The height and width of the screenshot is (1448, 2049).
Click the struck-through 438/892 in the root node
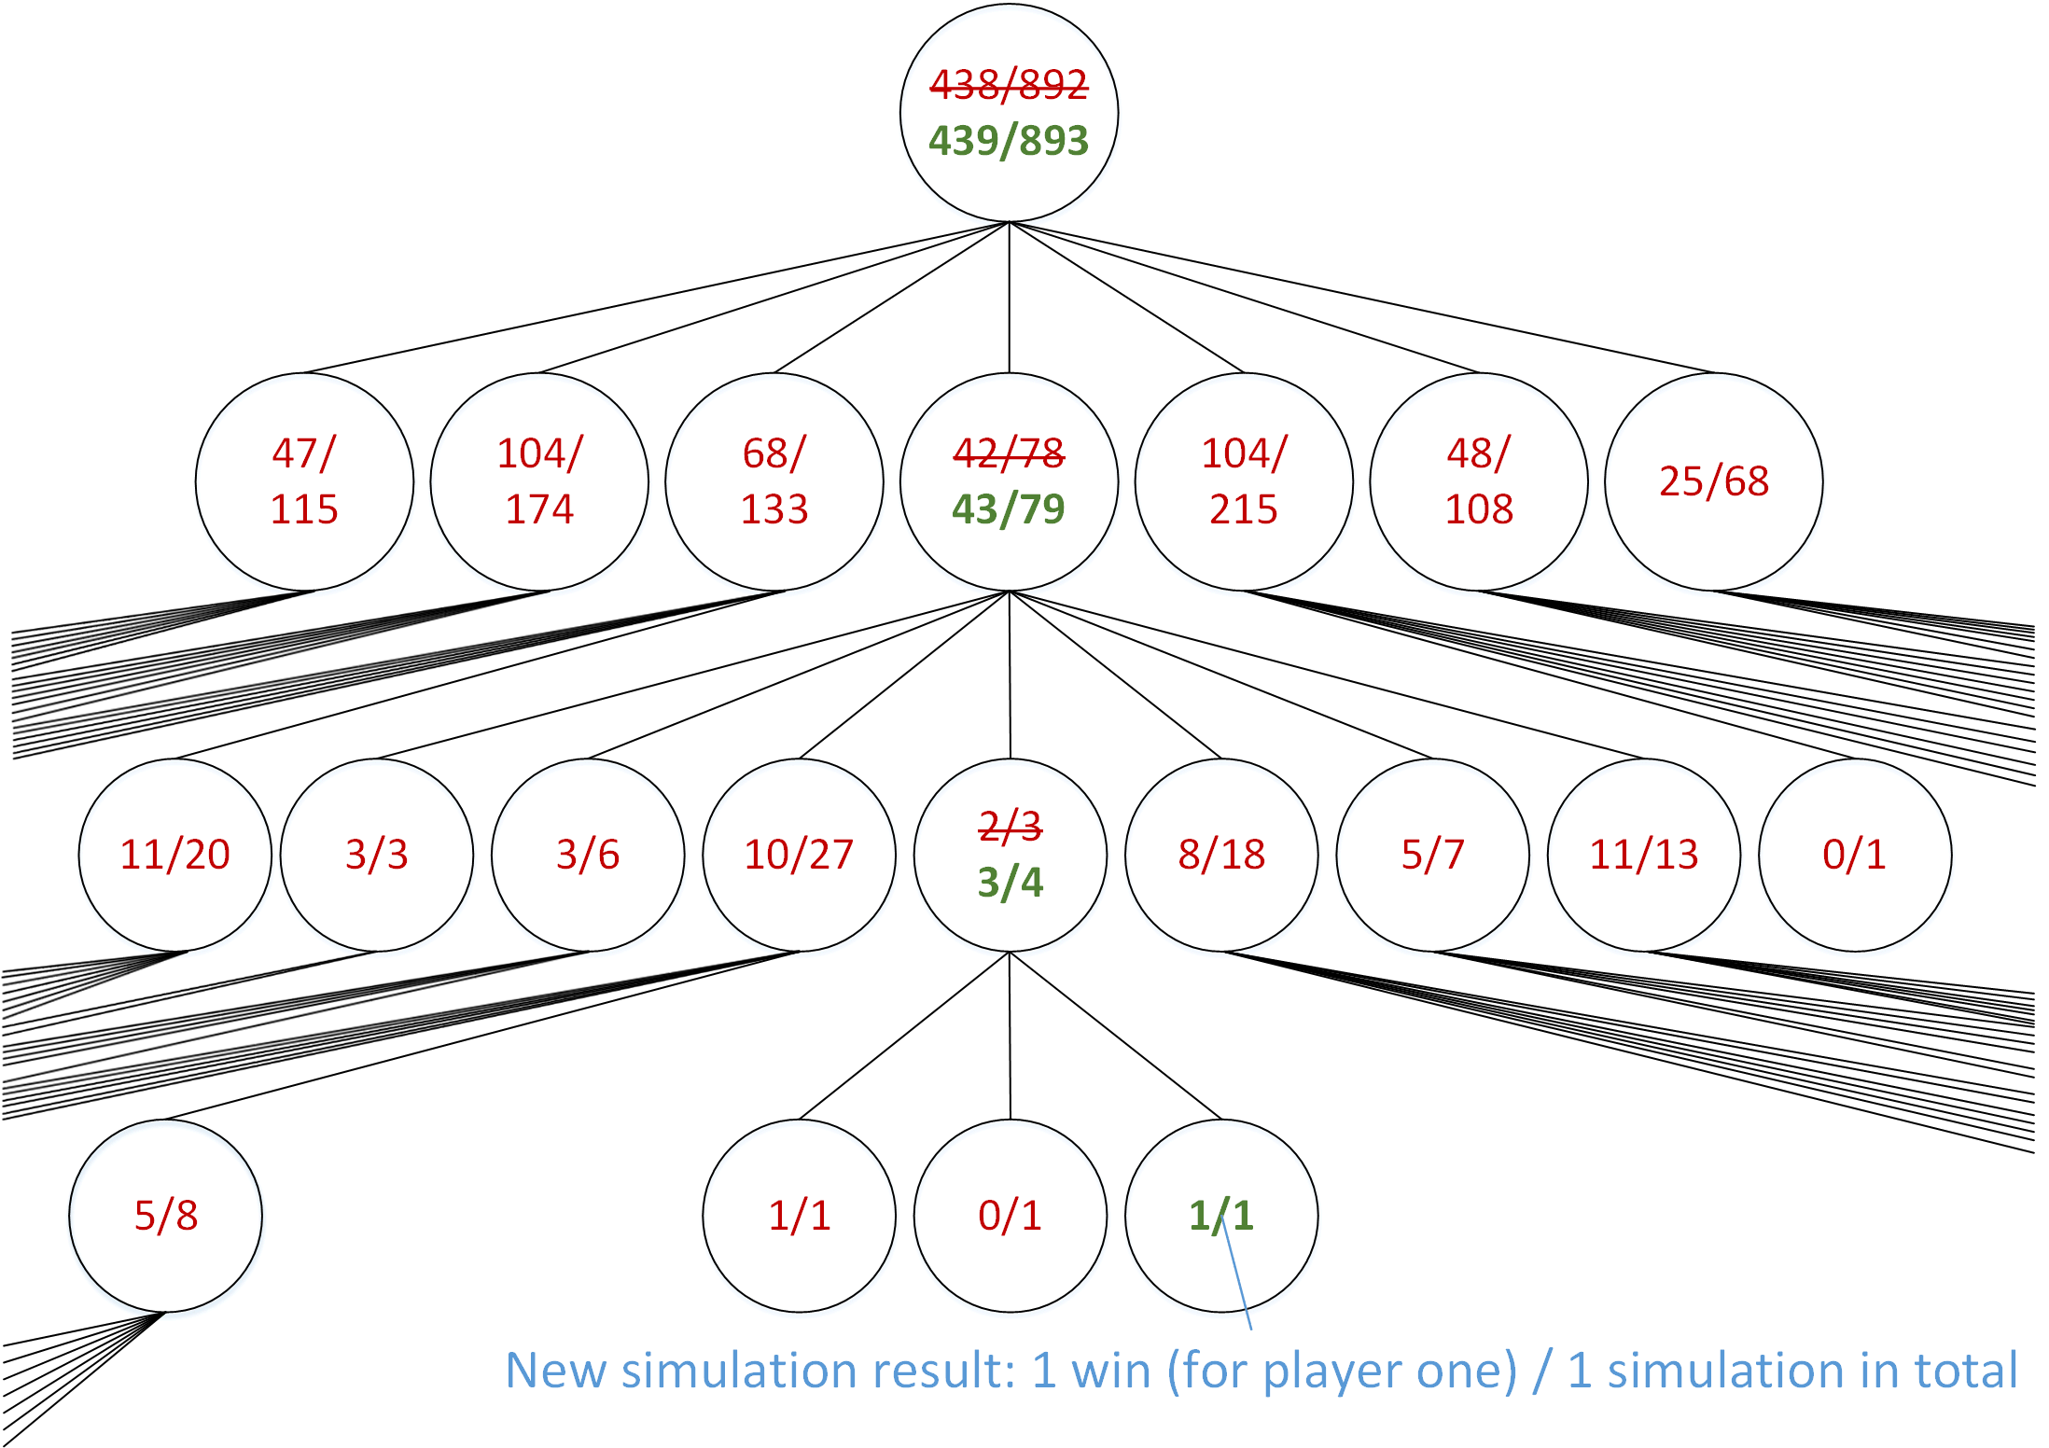1009,85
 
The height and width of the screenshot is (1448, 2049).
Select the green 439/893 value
1009,141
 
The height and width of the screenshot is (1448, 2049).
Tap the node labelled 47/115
304,481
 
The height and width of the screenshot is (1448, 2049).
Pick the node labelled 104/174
539,481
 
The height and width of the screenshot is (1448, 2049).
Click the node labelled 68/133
774,481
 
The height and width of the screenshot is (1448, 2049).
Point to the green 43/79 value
1009,509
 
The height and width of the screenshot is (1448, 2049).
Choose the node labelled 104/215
1244,481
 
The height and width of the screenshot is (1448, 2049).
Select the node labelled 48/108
1479,481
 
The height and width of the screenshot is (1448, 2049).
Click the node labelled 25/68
1714,481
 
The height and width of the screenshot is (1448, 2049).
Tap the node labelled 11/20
175,855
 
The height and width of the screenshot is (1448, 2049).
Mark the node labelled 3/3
377,855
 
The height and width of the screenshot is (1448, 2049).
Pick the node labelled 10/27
799,855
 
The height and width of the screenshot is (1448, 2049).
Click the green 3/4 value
1011,883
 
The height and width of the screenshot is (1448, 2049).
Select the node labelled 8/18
1221,855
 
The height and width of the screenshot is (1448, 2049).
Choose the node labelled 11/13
1644,855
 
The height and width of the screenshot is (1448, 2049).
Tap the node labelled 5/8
166,1216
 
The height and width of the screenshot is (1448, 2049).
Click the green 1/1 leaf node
1221,1216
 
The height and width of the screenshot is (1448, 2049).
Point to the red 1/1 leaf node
799,1216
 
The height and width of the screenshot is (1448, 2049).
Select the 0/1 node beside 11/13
1855,855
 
